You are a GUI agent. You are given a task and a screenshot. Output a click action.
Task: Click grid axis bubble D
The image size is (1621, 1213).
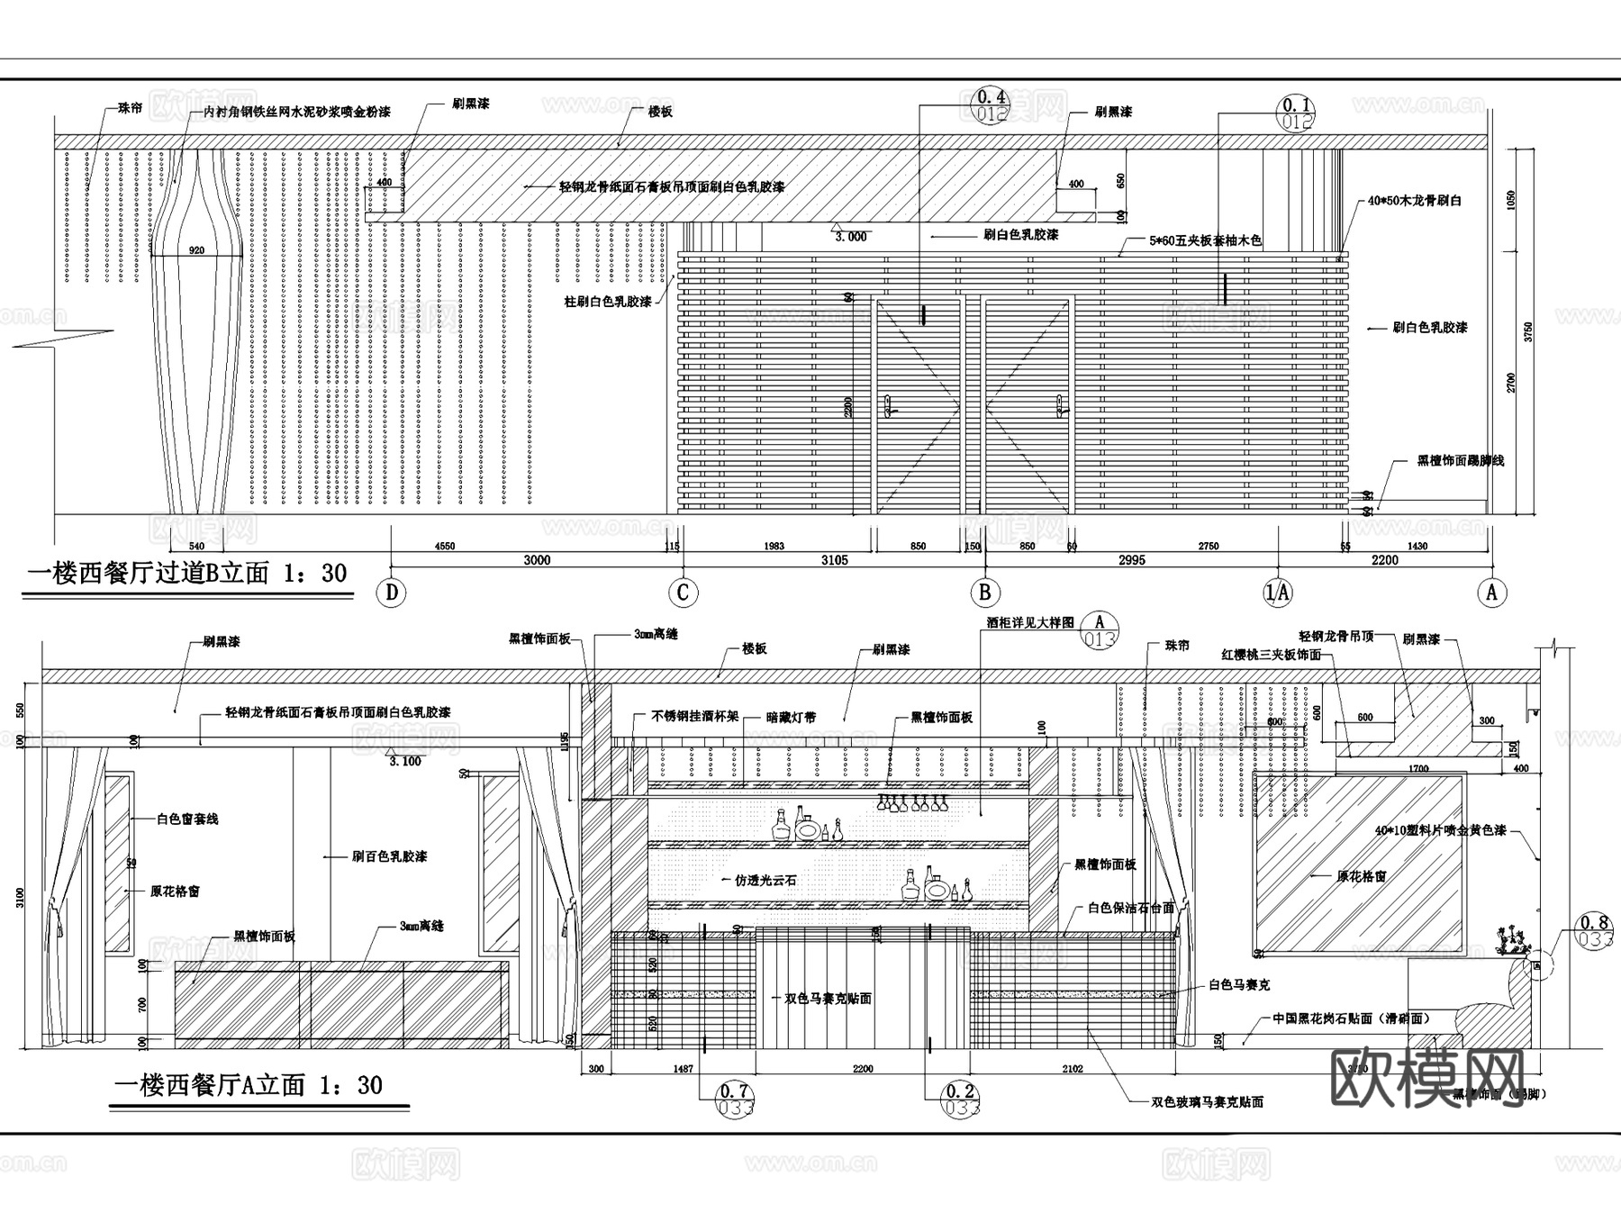click(x=392, y=593)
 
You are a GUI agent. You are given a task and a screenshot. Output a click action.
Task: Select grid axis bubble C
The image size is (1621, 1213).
click(x=683, y=593)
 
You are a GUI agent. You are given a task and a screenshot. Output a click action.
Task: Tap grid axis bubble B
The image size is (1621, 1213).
click(x=984, y=593)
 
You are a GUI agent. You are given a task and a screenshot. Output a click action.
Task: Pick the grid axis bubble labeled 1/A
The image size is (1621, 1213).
click(x=1278, y=593)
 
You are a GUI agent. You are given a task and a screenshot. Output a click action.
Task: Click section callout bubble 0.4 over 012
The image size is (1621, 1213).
click(x=991, y=105)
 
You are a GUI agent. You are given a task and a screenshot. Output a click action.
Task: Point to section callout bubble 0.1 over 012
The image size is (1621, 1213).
click(x=1295, y=113)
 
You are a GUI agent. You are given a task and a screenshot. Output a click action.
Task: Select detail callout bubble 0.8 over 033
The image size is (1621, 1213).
click(x=1596, y=930)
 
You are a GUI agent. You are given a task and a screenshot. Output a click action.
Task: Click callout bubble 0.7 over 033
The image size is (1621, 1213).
click(x=736, y=1100)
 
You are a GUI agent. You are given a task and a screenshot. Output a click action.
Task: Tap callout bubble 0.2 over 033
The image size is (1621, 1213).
click(x=961, y=1100)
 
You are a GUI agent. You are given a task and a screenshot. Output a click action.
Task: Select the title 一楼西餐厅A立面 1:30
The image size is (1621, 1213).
click(x=249, y=1085)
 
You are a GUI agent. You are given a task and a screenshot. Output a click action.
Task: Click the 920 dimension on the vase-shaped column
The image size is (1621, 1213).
click(x=196, y=250)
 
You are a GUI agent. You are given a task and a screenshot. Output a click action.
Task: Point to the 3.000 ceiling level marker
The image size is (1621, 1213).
click(x=850, y=237)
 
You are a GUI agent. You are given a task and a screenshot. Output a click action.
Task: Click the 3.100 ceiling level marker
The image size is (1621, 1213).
click(x=404, y=761)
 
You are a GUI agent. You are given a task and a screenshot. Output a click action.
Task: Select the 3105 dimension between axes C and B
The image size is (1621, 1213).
click(x=834, y=560)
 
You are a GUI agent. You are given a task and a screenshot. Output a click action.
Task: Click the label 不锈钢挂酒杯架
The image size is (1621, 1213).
click(x=694, y=717)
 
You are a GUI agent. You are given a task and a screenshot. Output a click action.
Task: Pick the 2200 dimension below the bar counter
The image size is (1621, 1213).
click(x=862, y=1069)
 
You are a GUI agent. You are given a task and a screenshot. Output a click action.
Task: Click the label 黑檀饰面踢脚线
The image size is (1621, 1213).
click(x=1460, y=460)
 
